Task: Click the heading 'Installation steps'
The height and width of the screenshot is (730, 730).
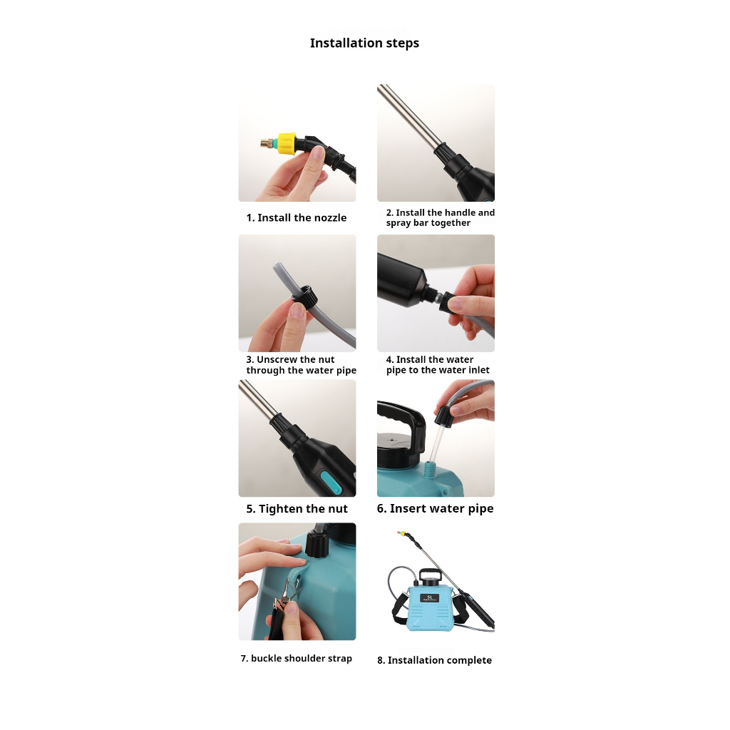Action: point(364,43)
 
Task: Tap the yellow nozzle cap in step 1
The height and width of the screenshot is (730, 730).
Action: point(287,143)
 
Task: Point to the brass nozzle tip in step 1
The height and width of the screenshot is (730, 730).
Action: point(267,143)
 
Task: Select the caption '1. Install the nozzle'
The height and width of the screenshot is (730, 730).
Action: point(297,218)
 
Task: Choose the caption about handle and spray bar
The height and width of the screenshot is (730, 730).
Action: point(441,217)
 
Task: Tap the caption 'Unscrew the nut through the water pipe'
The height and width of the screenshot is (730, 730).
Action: point(302,365)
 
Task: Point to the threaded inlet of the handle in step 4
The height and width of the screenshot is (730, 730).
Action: point(433,294)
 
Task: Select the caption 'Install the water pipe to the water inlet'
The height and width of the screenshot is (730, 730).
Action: point(438,365)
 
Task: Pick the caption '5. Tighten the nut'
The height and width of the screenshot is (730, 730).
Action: point(297,509)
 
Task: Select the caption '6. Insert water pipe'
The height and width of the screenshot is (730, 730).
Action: point(436,508)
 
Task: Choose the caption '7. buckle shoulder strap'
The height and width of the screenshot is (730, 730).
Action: point(297,658)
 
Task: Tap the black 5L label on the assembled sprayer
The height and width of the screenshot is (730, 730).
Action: point(429,598)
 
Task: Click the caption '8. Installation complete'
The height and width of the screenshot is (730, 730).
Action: point(434,660)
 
